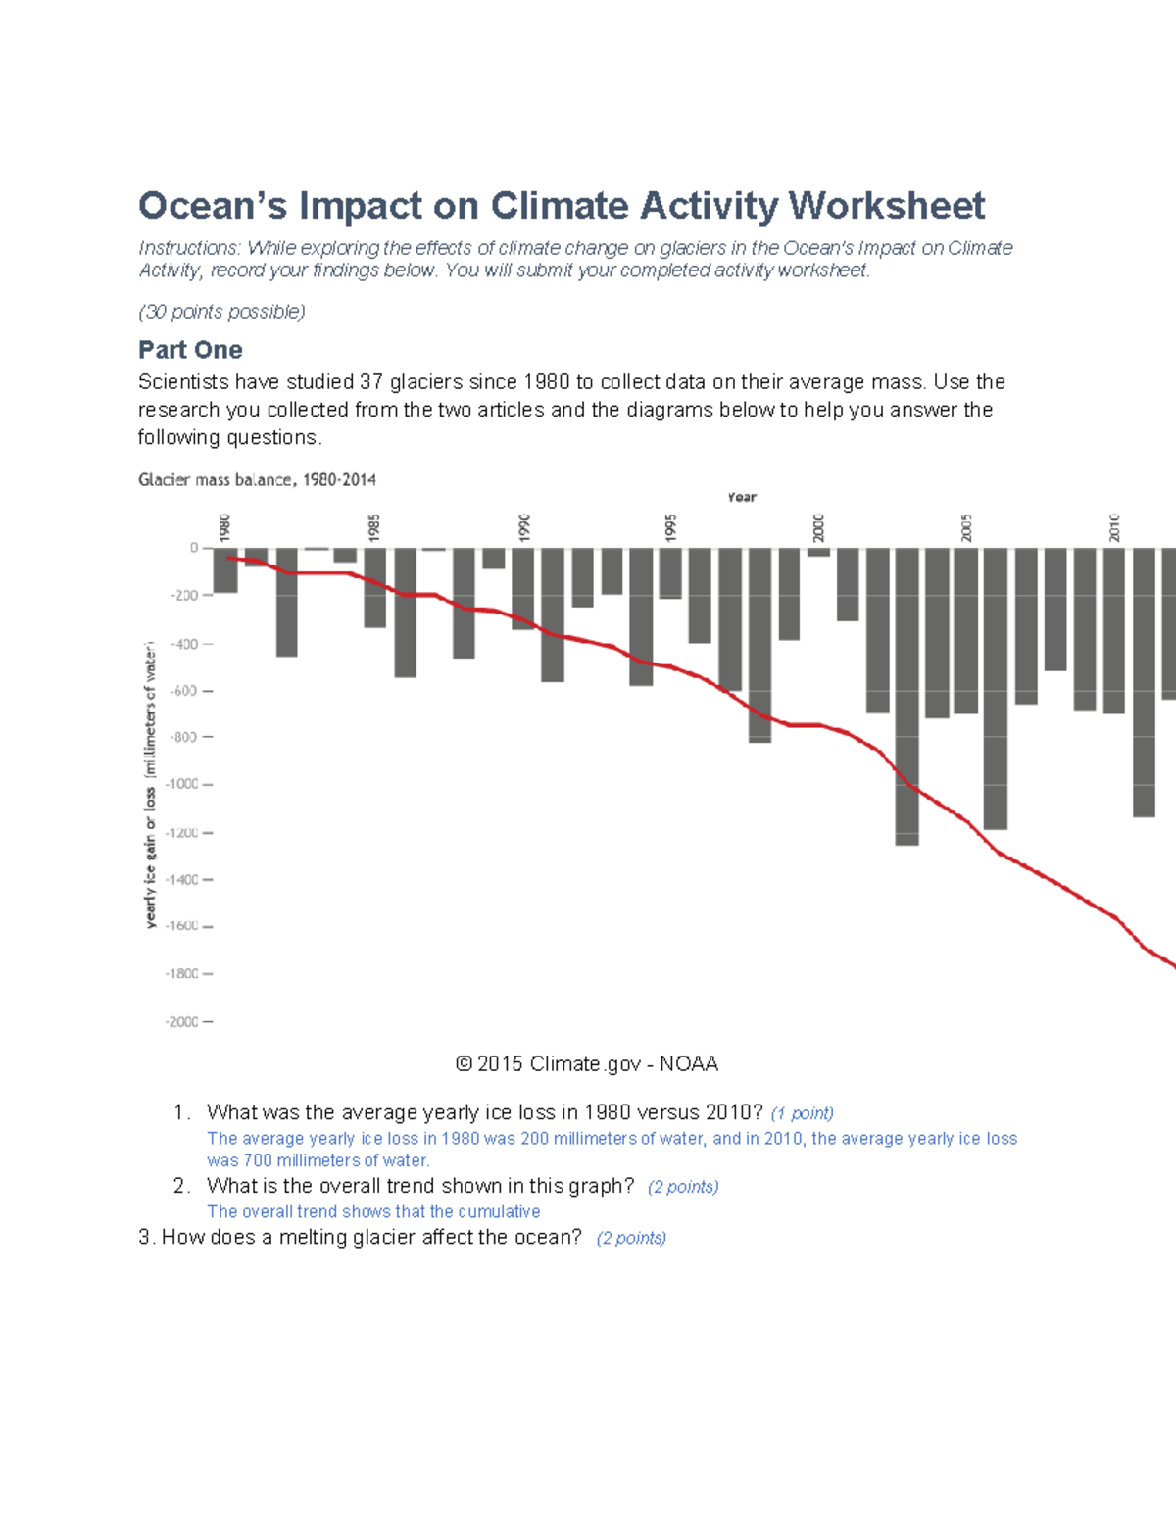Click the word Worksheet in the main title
(x=886, y=206)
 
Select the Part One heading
(x=190, y=350)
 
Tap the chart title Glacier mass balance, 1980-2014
(x=257, y=480)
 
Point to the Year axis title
(x=742, y=497)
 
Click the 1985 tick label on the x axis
(x=374, y=527)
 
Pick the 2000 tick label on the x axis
(x=818, y=527)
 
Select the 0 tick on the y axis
(x=194, y=548)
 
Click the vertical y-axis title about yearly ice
(x=150, y=784)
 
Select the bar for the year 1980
(x=225, y=570)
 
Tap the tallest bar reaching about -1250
(x=906, y=696)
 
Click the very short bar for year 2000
(x=818, y=553)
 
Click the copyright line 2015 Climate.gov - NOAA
(x=587, y=1064)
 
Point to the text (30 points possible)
(x=221, y=312)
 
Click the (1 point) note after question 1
(x=802, y=1113)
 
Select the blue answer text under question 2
(x=373, y=1212)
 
